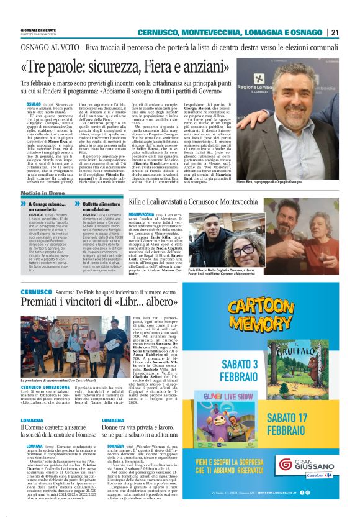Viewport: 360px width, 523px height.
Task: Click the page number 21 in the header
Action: [335, 32]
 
